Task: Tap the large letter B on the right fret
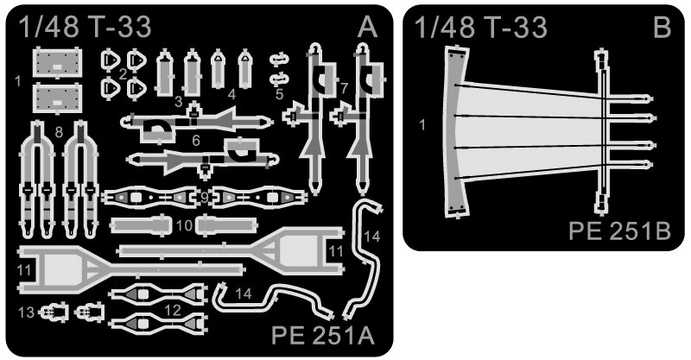(662, 28)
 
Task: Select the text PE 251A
(324, 335)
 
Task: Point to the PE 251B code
(620, 231)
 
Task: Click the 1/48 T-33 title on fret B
(480, 28)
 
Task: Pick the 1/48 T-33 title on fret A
(84, 28)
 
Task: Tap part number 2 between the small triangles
(124, 73)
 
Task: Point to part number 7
(344, 88)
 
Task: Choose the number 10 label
(184, 226)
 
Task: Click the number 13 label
(26, 311)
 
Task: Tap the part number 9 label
(204, 198)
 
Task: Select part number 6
(197, 140)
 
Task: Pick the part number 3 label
(177, 102)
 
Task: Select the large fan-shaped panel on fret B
(527, 129)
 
